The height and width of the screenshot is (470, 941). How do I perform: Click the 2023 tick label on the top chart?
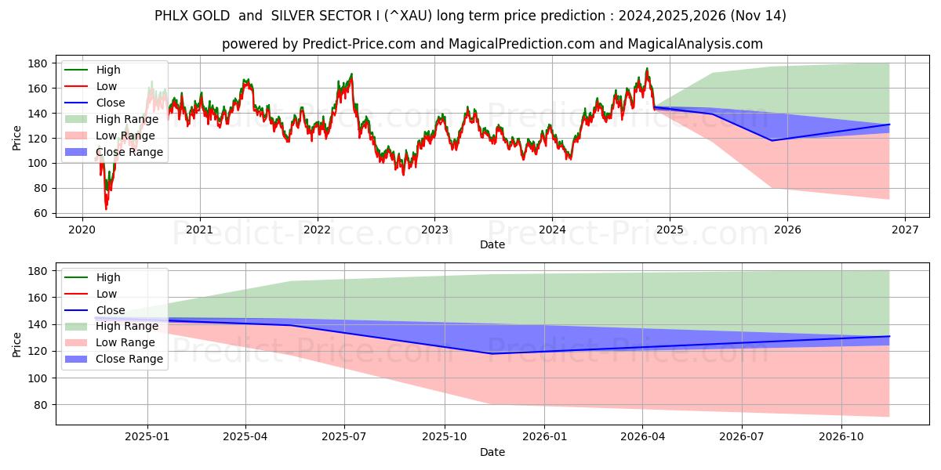coord(434,230)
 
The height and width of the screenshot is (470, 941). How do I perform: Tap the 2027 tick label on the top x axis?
coord(904,230)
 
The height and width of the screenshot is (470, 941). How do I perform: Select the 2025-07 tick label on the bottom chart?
coord(345,437)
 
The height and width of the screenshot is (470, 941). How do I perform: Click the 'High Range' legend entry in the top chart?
coord(127,119)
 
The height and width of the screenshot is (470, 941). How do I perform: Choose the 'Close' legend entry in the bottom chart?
coord(110,310)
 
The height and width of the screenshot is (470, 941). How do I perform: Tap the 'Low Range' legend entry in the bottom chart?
coord(125,342)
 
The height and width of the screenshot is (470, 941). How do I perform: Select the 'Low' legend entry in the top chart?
coord(107,86)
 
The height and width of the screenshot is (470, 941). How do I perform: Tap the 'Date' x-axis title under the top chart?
coord(492,244)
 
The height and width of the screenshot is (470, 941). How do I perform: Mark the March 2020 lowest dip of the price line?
coord(106,208)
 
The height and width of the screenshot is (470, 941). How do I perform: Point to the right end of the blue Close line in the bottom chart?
coord(889,336)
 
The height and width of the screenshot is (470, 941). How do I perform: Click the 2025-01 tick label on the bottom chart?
coord(147,437)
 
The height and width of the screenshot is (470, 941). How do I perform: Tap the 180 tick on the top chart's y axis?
coord(38,63)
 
